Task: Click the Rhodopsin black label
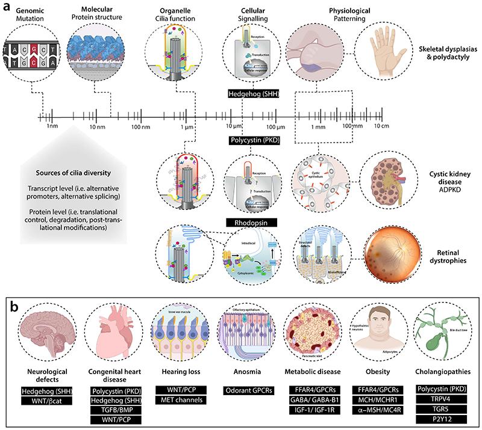coord(252,223)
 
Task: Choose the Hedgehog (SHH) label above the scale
coord(253,94)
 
